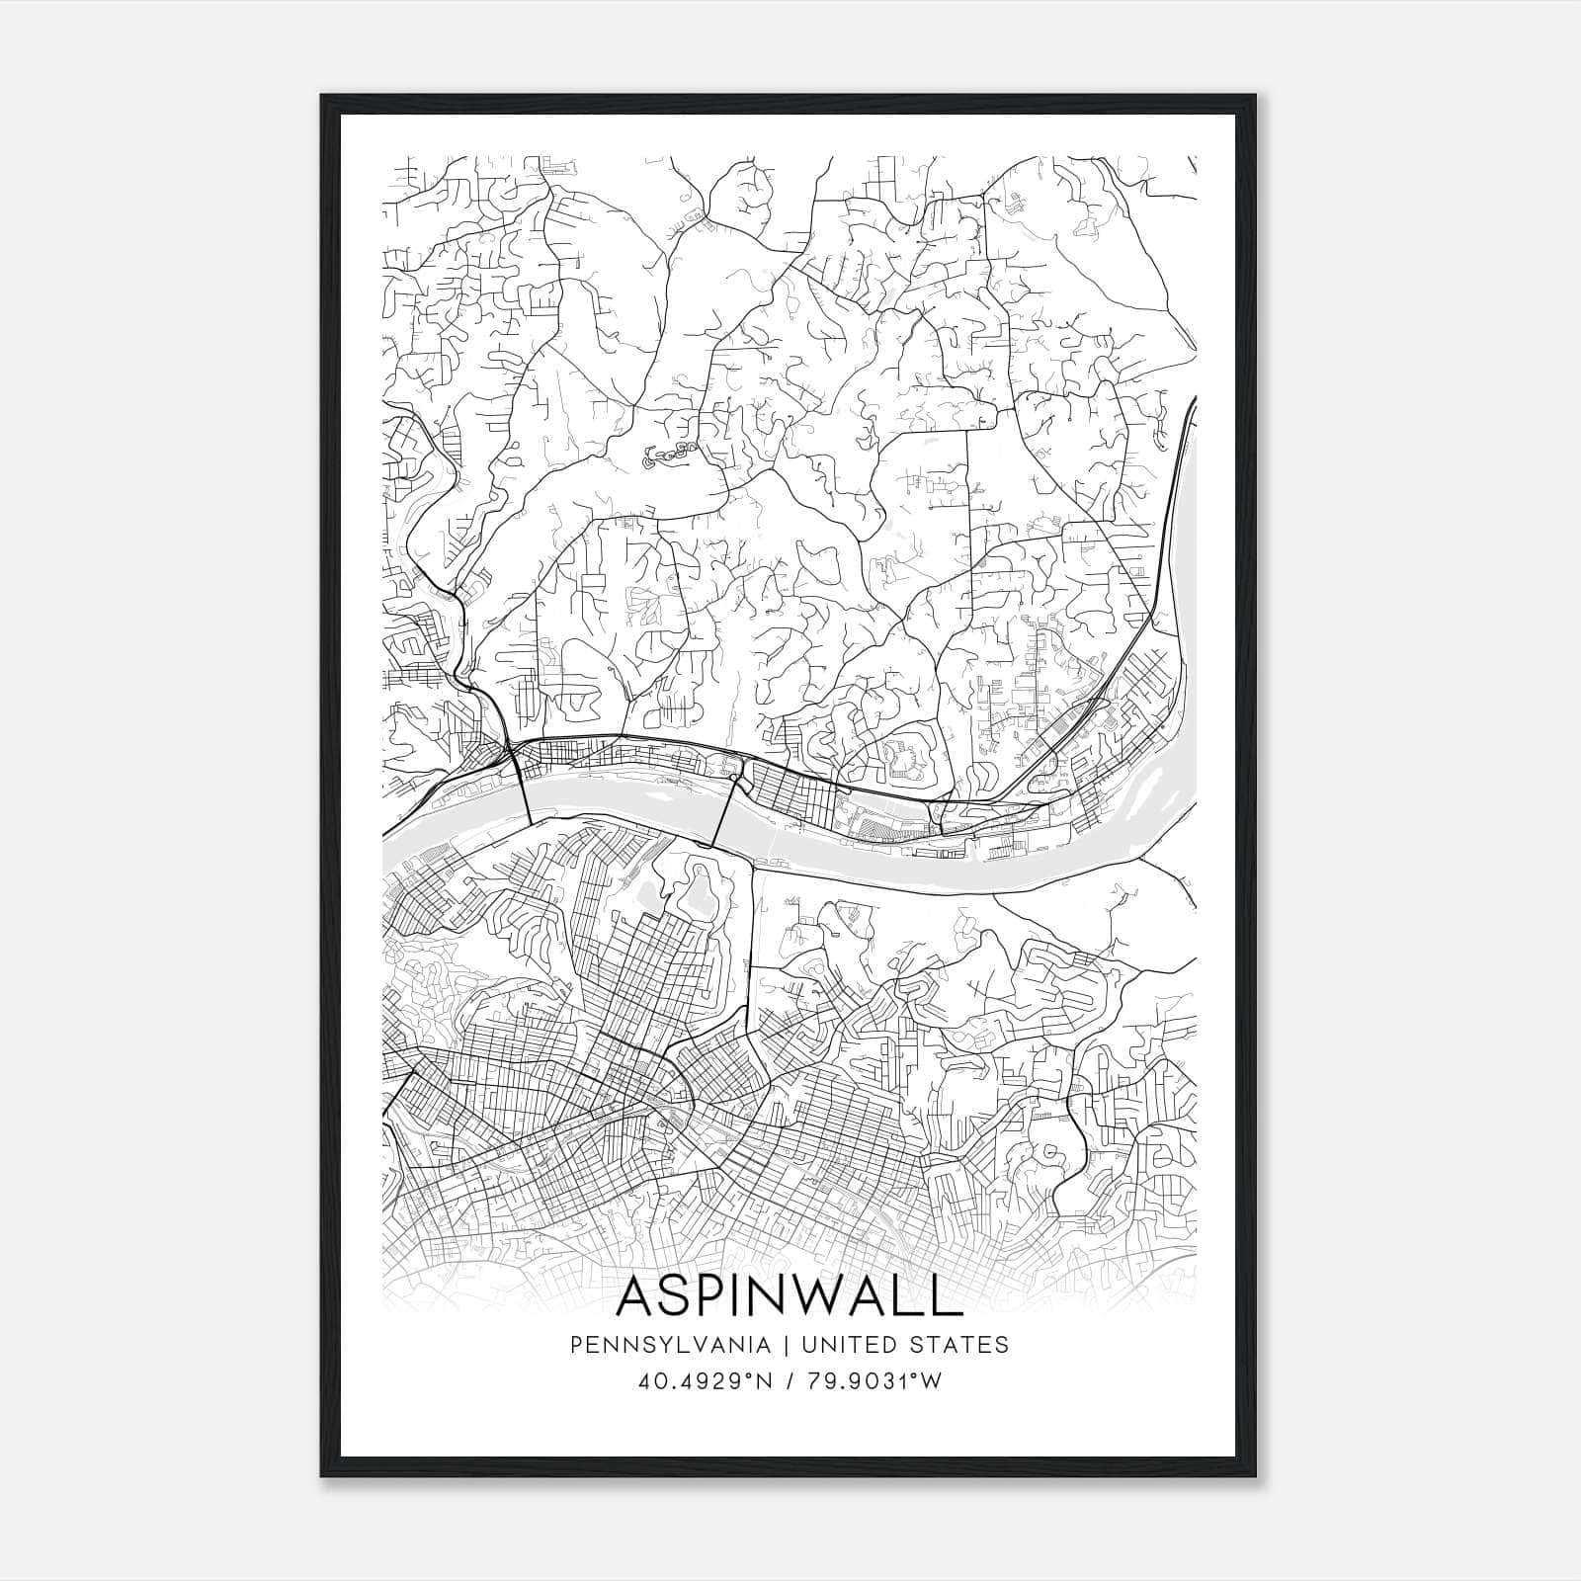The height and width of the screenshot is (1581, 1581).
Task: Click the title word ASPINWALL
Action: tap(790, 1296)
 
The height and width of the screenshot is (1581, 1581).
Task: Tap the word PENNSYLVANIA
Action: tap(657, 1345)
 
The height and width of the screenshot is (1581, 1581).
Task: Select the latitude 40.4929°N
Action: tap(704, 1381)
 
